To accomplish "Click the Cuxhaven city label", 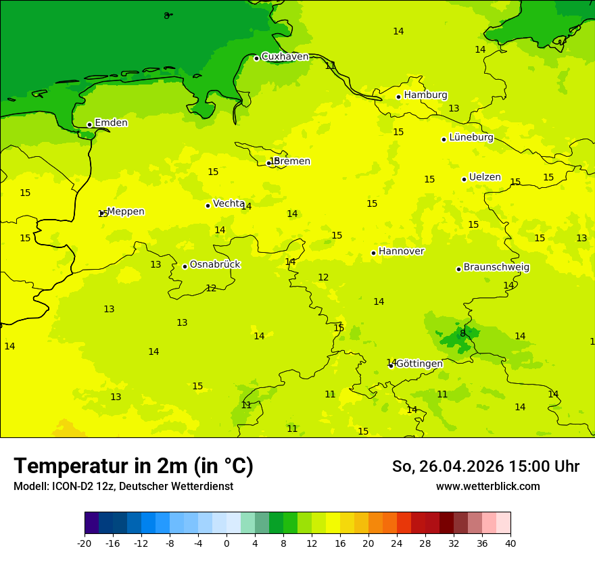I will tap(285, 57).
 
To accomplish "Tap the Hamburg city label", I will tap(425, 95).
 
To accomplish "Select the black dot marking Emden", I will tap(89, 124).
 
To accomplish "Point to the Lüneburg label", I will tap(471, 137).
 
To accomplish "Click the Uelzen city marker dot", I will tap(464, 179).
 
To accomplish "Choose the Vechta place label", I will tap(228, 203).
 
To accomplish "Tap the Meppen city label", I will tap(125, 212).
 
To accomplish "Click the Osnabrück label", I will tap(214, 264).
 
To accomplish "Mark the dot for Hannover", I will tap(373, 253).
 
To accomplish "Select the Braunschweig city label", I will tap(496, 267).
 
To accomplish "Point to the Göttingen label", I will tap(419, 364).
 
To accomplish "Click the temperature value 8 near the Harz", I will tap(462, 333).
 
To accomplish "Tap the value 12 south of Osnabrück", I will tap(211, 288).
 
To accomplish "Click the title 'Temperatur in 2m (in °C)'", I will tap(133, 466).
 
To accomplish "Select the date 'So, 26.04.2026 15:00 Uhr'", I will tap(485, 466).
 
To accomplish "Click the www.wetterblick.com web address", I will tap(487, 486).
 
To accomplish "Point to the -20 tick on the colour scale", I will tap(85, 543).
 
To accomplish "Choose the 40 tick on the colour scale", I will tap(510, 543).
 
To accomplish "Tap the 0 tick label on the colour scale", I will tap(227, 543).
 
